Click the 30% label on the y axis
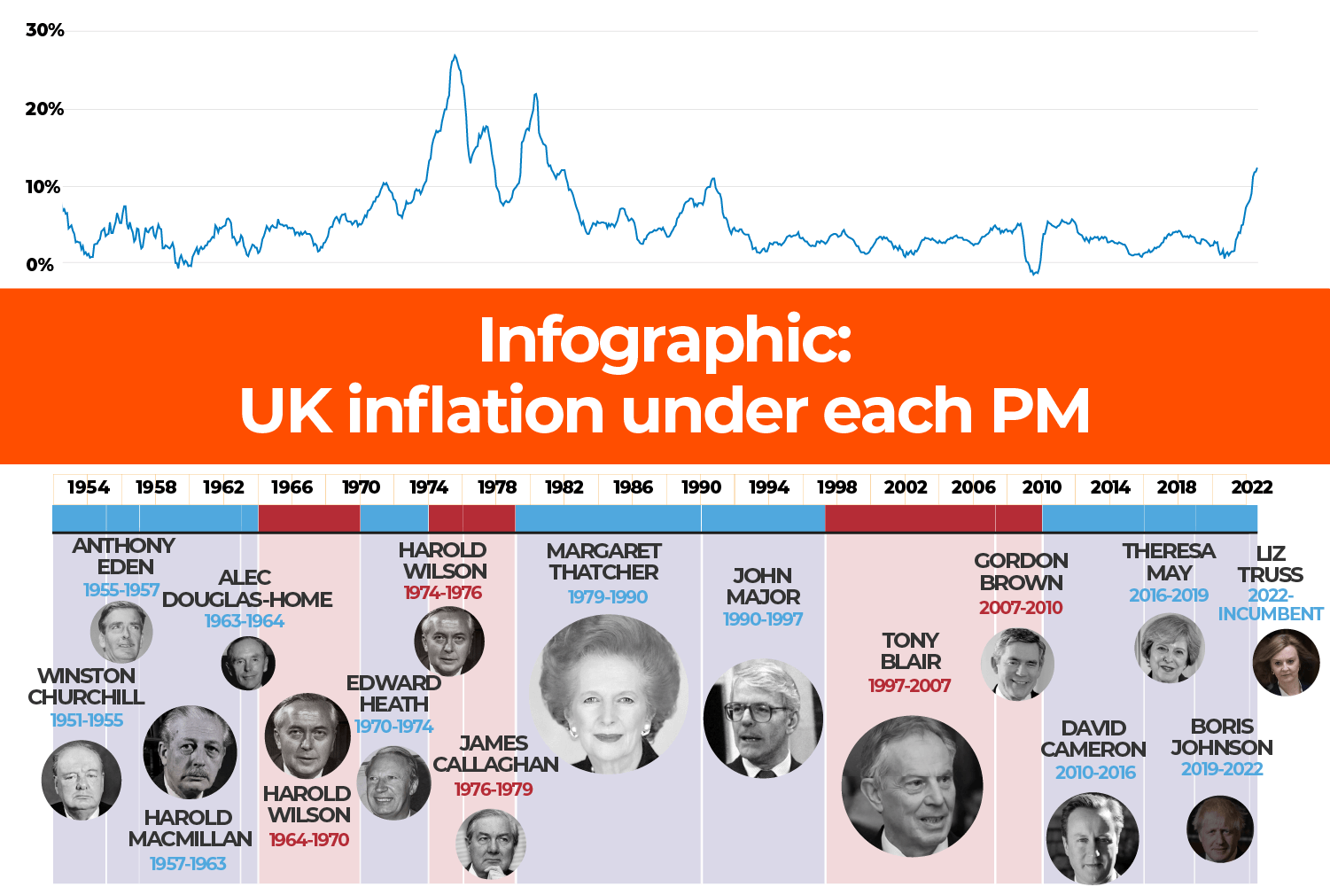click(x=44, y=30)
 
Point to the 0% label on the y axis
click(x=39, y=265)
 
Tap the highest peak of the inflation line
click(x=455, y=56)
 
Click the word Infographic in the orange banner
click(x=665, y=340)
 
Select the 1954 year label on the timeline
click(x=89, y=487)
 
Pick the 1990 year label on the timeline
click(x=701, y=487)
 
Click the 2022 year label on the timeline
click(x=1251, y=487)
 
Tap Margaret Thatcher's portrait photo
click(x=609, y=694)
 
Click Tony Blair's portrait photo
click(x=912, y=787)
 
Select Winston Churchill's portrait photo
click(x=81, y=781)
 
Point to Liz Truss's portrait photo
click(x=1286, y=663)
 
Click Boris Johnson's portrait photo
click(x=1220, y=829)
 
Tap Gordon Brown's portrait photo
click(x=1017, y=664)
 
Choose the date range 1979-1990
click(x=608, y=597)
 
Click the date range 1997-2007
click(x=909, y=686)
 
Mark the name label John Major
click(x=763, y=587)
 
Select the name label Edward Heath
click(x=393, y=694)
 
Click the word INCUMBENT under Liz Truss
click(x=1270, y=614)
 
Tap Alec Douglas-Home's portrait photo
click(x=248, y=663)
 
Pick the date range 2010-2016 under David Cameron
click(x=1095, y=773)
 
